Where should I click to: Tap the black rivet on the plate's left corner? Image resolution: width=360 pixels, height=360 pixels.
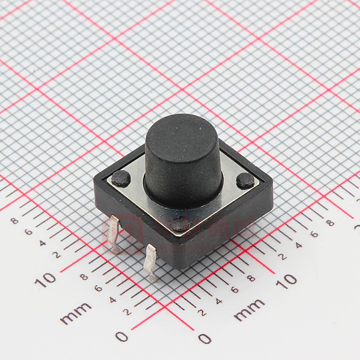click(x=121, y=178)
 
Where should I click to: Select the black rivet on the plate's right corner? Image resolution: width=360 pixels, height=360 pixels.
click(x=245, y=180)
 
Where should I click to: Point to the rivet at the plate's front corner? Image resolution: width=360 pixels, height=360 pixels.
click(x=180, y=225)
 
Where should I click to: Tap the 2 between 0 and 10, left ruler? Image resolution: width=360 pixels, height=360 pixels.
click(x=126, y=312)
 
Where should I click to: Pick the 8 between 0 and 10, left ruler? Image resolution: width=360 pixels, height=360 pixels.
click(x=84, y=277)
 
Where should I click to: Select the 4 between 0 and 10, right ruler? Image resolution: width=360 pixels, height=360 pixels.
click(x=219, y=301)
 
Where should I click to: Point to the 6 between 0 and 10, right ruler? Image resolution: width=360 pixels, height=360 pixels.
click(x=235, y=290)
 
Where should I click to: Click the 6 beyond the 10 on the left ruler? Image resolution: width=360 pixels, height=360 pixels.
click(x=28, y=232)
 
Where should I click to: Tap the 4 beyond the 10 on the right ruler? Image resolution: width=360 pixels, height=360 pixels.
click(x=299, y=245)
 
